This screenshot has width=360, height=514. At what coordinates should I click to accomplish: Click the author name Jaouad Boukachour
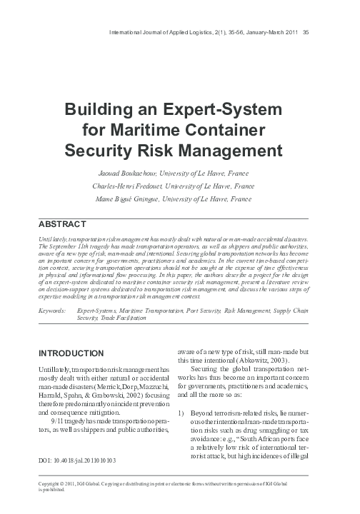click(x=125, y=173)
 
